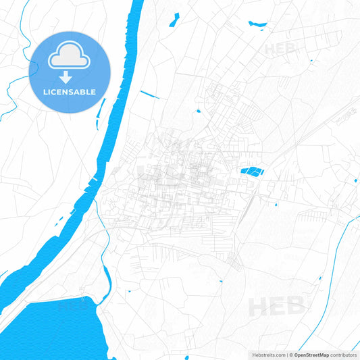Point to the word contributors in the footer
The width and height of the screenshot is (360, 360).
(x=343, y=355)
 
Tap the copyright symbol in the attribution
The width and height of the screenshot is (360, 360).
(x=289, y=355)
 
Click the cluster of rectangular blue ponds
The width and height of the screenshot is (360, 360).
(x=252, y=172)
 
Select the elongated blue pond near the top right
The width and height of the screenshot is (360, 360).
(x=257, y=25)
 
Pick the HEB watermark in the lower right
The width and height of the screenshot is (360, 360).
(x=276, y=307)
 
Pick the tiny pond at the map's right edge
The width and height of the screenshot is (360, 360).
(x=356, y=180)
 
